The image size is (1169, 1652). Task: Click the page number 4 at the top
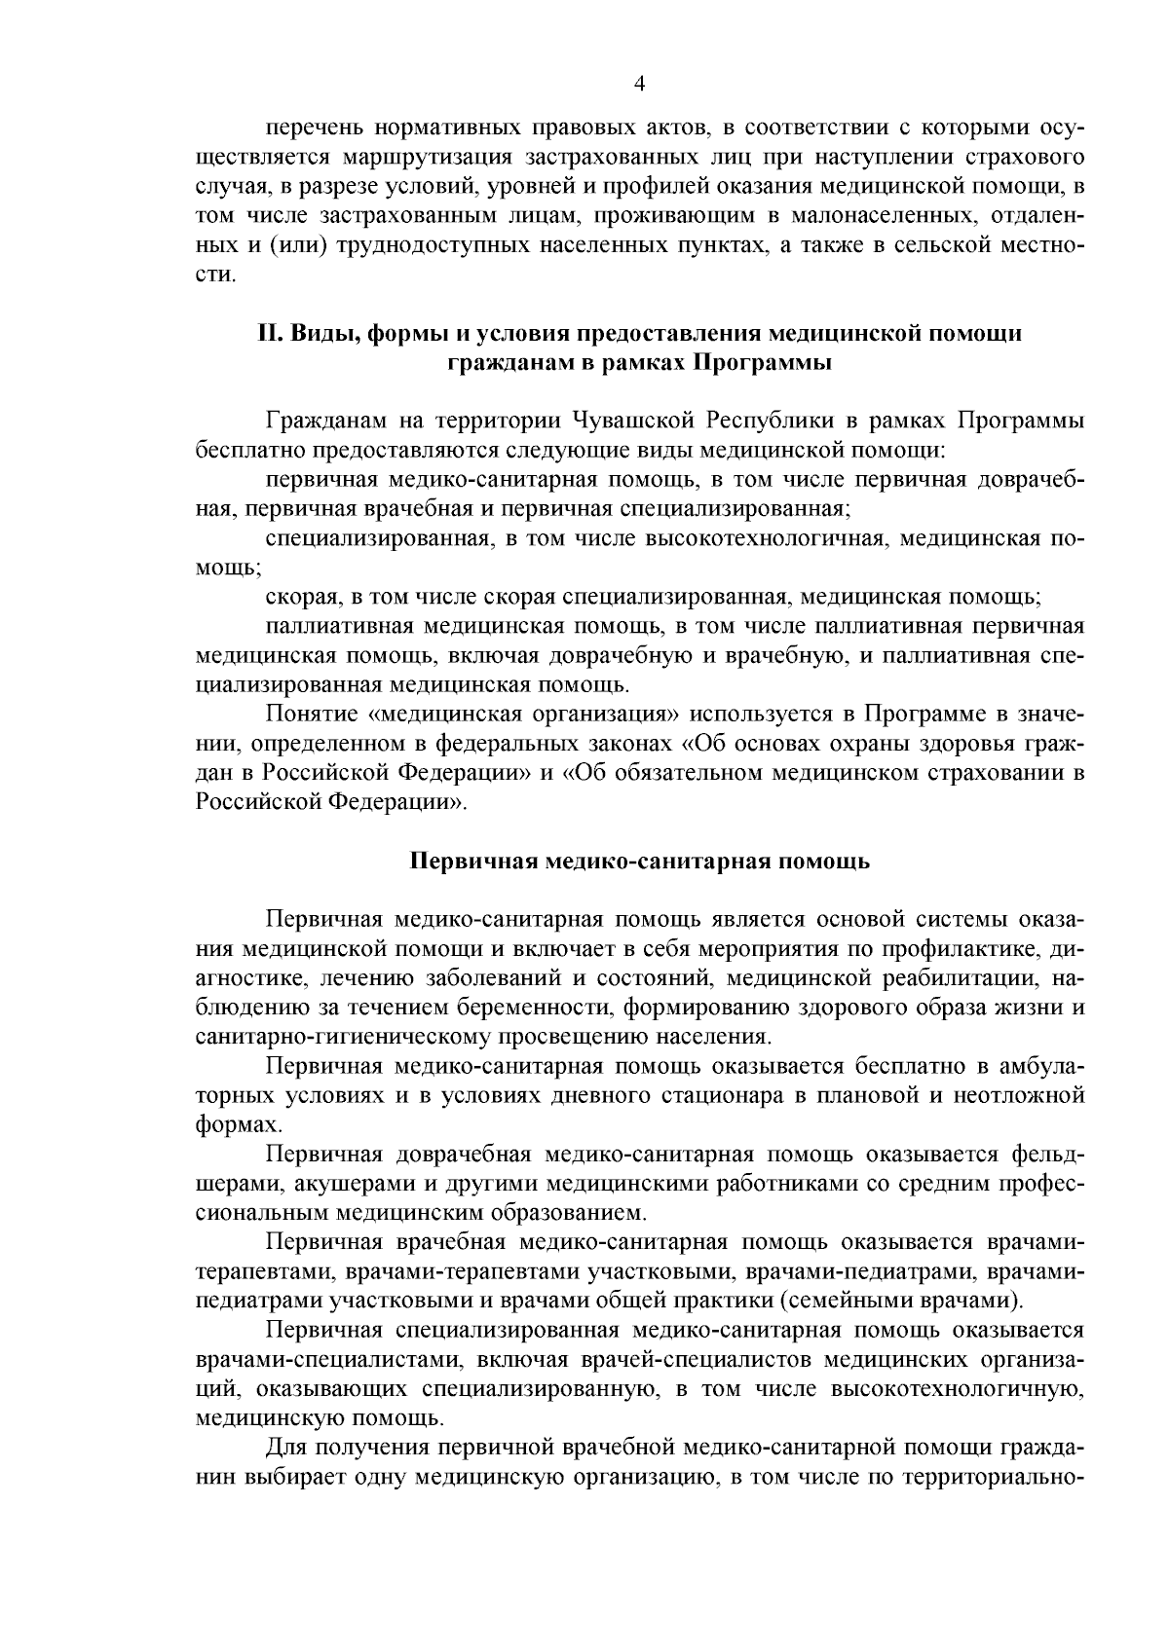(639, 84)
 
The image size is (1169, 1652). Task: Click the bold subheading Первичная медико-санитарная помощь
(639, 862)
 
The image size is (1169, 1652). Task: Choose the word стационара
(721, 1096)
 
